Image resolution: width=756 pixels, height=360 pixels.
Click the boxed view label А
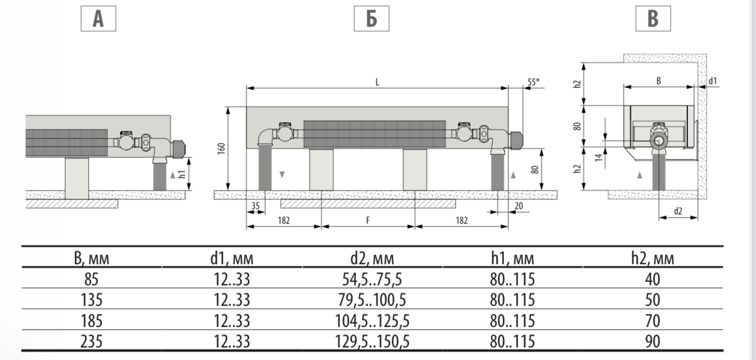coord(98,19)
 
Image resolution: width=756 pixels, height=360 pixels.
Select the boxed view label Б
coord(372,19)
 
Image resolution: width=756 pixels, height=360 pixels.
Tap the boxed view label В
coord(653,19)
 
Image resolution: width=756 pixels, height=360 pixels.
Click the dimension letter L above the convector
coord(377,82)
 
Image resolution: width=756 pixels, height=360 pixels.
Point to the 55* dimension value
coord(533,81)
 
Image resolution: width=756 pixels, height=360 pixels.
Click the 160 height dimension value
coord(222,148)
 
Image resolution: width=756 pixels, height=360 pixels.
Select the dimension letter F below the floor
coord(368,220)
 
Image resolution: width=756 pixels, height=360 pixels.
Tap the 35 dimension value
coord(256,206)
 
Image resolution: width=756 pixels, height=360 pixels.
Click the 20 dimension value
coord(519,206)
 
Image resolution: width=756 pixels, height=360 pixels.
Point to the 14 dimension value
coord(599,157)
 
